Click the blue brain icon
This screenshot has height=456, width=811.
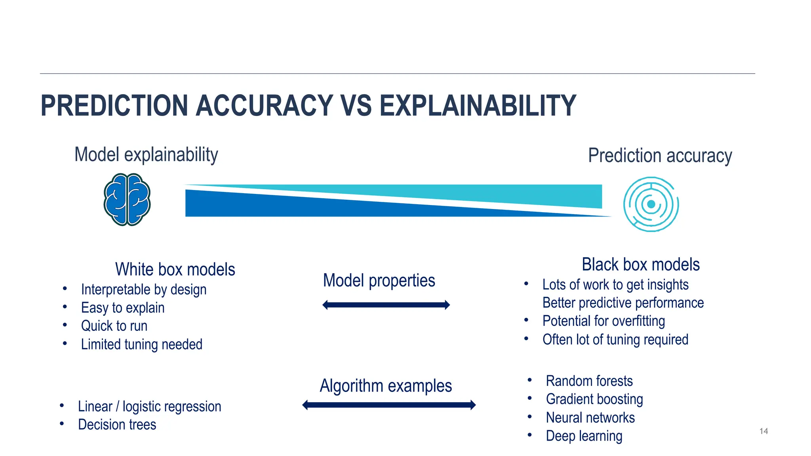click(x=127, y=199)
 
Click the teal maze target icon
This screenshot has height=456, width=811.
click(x=651, y=204)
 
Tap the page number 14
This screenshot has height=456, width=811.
click(x=763, y=431)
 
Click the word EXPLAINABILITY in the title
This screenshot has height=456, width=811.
click(x=478, y=106)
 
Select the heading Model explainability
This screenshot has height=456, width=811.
click(x=146, y=155)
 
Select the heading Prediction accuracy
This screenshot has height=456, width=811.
click(x=660, y=156)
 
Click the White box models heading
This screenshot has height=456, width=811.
click(x=175, y=270)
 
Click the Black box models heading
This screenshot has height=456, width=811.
click(x=640, y=264)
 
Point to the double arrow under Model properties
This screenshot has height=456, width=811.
click(x=386, y=305)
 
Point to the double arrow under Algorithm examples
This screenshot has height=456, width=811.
click(x=389, y=405)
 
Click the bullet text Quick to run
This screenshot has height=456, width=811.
click(x=114, y=326)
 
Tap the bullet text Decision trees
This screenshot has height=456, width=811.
click(x=117, y=425)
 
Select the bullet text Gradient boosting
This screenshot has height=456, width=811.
click(x=594, y=399)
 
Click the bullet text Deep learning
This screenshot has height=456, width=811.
click(x=584, y=436)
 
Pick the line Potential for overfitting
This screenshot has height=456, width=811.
click(x=603, y=321)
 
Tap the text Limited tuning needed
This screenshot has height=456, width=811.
click(x=141, y=344)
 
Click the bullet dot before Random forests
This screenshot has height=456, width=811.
click(x=529, y=380)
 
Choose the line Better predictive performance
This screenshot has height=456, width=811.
click(x=623, y=303)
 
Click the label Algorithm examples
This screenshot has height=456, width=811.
click(x=386, y=386)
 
